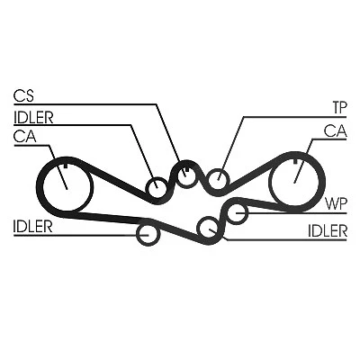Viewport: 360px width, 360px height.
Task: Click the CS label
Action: [x=23, y=96]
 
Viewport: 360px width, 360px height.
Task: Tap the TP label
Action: [x=339, y=107]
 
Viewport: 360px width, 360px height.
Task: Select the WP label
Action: [x=337, y=204]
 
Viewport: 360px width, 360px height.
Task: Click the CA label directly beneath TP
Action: [x=335, y=131]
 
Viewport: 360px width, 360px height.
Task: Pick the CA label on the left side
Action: [x=25, y=137]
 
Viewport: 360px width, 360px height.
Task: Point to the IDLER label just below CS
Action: [x=33, y=118]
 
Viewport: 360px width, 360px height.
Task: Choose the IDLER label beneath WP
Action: [x=328, y=231]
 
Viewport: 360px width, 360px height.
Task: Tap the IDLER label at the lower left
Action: [x=33, y=227]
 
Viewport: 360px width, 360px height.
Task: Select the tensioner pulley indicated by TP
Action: [x=219, y=179]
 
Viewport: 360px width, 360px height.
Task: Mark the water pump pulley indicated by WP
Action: [x=237, y=212]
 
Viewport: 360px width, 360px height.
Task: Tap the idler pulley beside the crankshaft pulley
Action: [x=157, y=188]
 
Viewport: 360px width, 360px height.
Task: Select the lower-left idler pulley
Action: [x=148, y=234]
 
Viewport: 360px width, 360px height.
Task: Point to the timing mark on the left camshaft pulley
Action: [x=66, y=166]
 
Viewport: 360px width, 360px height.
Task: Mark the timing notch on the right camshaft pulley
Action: [x=295, y=161]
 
